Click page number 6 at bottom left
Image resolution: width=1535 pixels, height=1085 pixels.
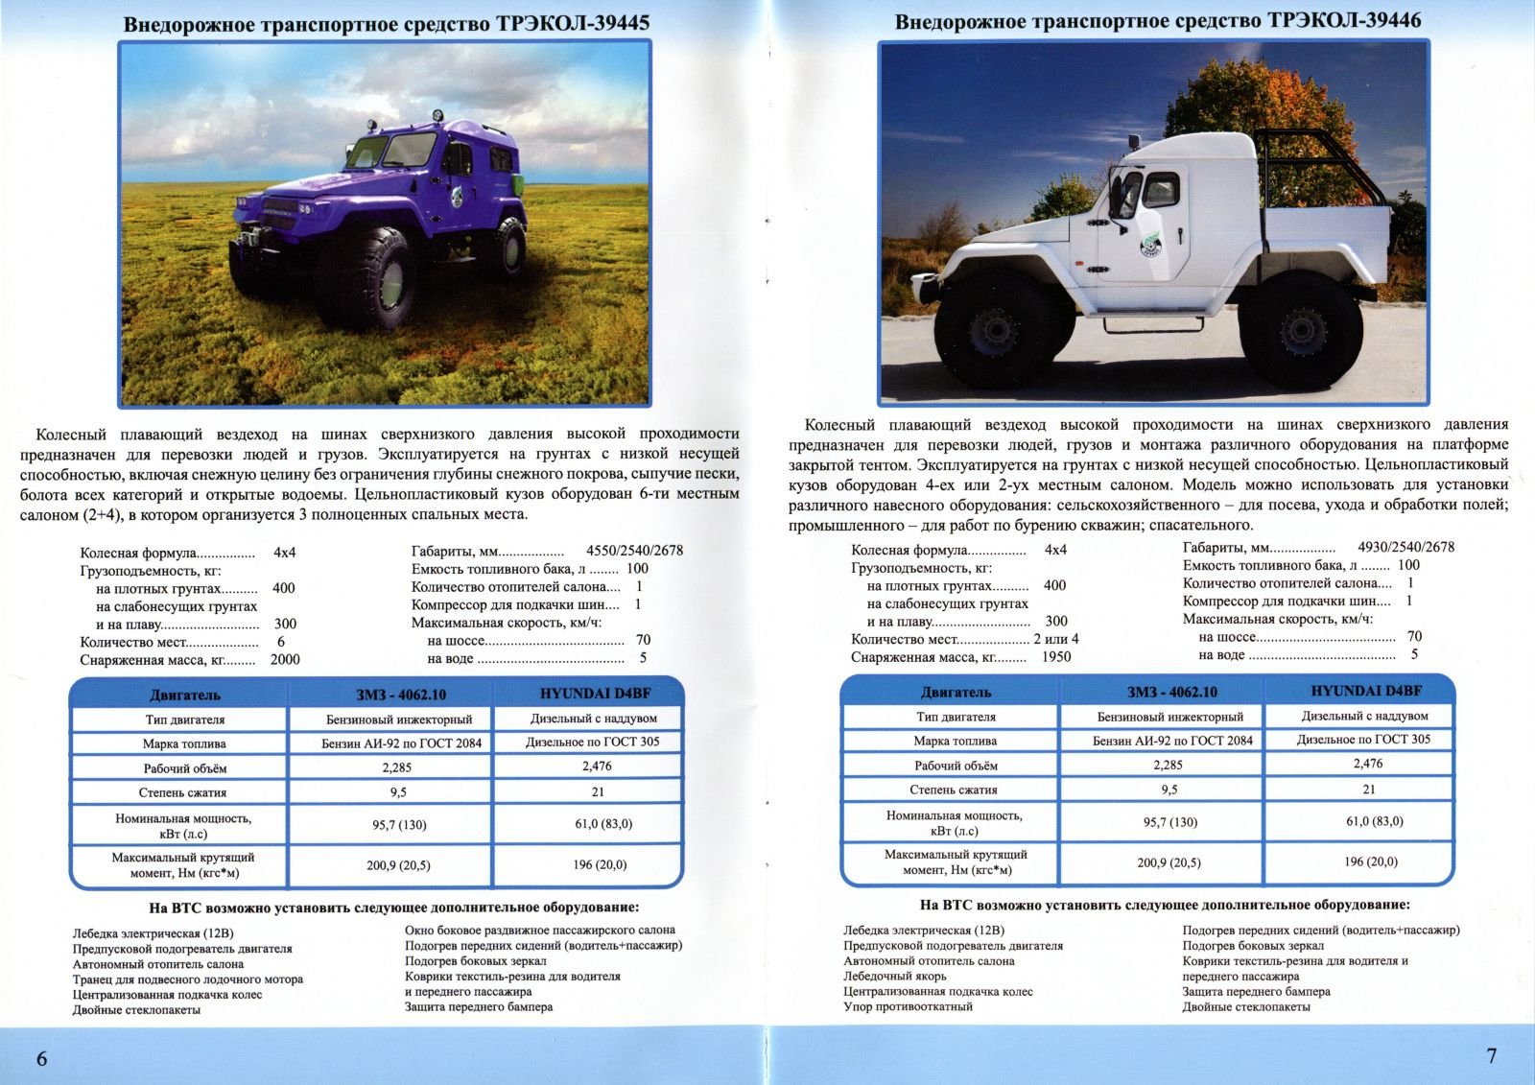pyautogui.click(x=41, y=1058)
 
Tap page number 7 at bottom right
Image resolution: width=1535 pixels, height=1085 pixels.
pyautogui.click(x=1491, y=1055)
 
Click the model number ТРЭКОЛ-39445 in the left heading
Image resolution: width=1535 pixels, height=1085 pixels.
pyautogui.click(x=573, y=23)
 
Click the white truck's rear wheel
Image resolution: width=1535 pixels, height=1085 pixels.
pyautogui.click(x=1300, y=331)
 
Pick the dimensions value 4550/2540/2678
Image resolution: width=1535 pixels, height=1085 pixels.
pyautogui.click(x=634, y=551)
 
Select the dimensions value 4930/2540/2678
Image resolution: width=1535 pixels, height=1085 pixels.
pyautogui.click(x=1405, y=547)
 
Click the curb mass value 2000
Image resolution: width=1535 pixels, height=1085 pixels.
pyautogui.click(x=285, y=660)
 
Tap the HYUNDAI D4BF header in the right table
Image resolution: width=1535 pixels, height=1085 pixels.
pyautogui.click(x=1366, y=691)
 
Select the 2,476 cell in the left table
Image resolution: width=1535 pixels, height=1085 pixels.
pyautogui.click(x=596, y=767)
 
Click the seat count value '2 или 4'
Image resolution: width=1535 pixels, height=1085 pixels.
pyautogui.click(x=1055, y=639)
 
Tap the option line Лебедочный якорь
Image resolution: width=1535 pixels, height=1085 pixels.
pyautogui.click(x=895, y=977)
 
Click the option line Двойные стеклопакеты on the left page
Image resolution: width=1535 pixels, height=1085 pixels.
pyautogui.click(x=136, y=1010)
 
